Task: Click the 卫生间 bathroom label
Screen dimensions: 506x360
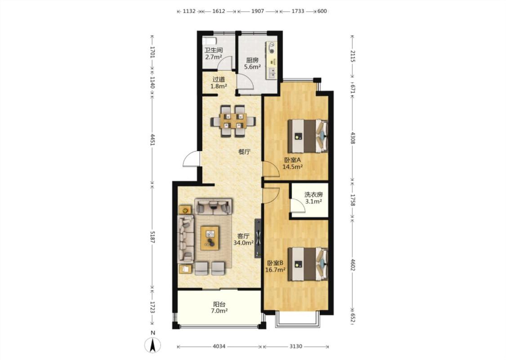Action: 214,50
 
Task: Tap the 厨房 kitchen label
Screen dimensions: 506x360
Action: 252,60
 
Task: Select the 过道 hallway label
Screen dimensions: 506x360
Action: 219,79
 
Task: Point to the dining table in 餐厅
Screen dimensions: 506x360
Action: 233,121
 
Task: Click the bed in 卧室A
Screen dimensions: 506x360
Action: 308,136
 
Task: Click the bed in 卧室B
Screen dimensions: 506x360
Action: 308,264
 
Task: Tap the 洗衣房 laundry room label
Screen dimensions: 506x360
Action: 313,194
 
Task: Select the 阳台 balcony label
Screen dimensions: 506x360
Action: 219,304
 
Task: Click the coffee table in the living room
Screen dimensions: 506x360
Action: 210,238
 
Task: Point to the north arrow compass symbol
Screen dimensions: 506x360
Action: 152,345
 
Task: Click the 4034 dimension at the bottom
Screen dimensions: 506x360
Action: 219,346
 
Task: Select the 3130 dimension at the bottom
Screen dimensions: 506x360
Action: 296,346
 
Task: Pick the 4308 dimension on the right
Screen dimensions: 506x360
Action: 353,138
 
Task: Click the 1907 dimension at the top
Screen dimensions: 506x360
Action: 258,11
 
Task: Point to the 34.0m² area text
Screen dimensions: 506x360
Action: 243,243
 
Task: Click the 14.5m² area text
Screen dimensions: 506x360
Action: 292,166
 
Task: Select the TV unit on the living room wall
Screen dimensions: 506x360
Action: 258,238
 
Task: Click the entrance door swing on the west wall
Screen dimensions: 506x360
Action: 191,159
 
